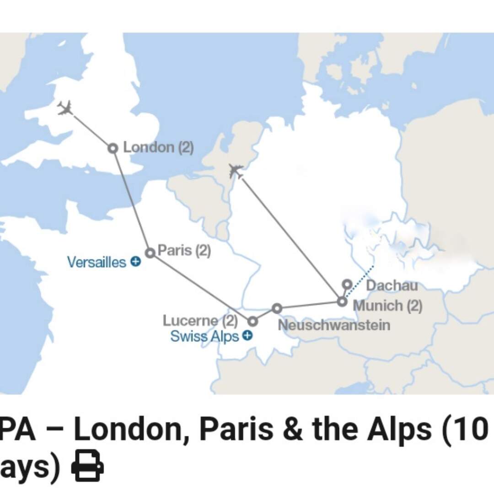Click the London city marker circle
(113, 148)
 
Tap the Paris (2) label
(184, 251)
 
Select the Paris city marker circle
(150, 253)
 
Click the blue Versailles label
(96, 262)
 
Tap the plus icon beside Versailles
(135, 262)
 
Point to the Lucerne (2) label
(200, 321)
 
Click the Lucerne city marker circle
(252, 322)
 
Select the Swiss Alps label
(204, 337)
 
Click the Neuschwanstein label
(334, 325)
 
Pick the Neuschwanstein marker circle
(277, 308)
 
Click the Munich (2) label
(388, 305)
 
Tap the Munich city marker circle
(342, 302)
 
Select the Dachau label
(392, 285)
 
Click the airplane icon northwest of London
(66, 109)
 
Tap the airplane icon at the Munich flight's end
(236, 172)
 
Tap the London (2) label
(158, 148)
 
